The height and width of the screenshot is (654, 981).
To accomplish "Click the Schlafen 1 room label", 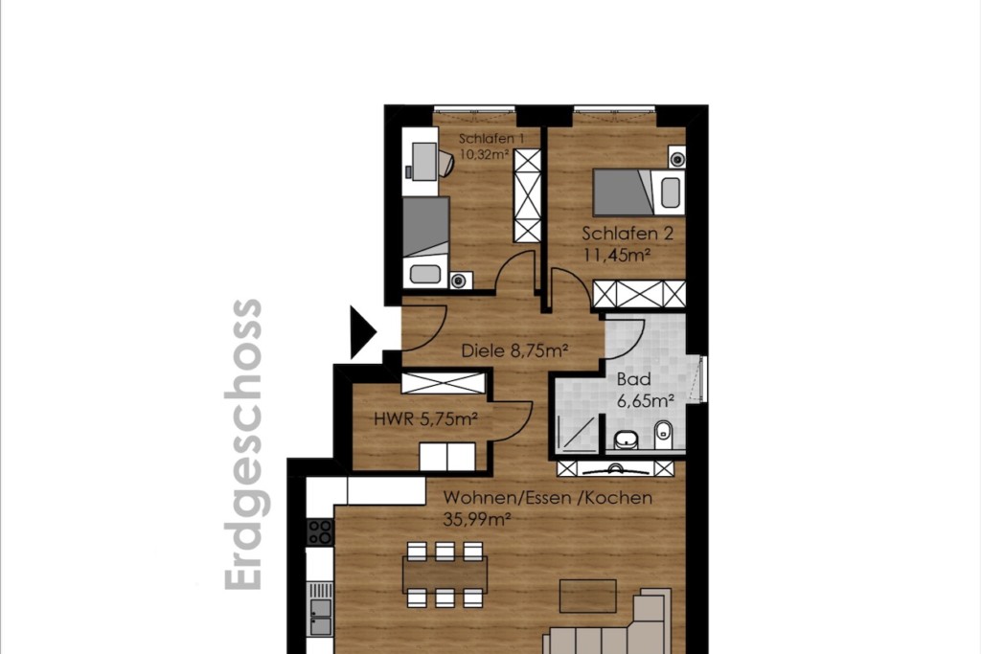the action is [491, 138].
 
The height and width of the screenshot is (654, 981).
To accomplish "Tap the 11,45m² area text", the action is [617, 255].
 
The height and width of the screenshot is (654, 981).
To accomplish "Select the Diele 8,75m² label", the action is [514, 350].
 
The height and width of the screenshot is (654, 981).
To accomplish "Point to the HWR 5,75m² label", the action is [425, 418].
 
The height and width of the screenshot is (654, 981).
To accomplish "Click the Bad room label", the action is [634, 379].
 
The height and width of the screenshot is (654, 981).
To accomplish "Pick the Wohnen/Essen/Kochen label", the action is [547, 498].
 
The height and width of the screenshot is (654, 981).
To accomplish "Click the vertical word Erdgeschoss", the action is [243, 444].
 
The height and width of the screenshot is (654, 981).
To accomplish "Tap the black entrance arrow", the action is [363, 332].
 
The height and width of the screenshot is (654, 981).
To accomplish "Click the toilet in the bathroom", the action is [663, 435].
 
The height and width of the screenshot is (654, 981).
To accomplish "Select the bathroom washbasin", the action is [626, 440].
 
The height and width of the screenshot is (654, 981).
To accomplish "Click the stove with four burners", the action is [320, 532].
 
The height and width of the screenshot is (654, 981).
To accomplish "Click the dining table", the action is [445, 574].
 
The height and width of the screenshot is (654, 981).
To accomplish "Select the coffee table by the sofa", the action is [587, 596].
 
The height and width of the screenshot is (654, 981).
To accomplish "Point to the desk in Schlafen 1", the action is [420, 161].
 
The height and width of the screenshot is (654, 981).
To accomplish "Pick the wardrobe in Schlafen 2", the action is [639, 295].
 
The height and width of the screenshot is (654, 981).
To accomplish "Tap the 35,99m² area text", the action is [477, 519].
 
